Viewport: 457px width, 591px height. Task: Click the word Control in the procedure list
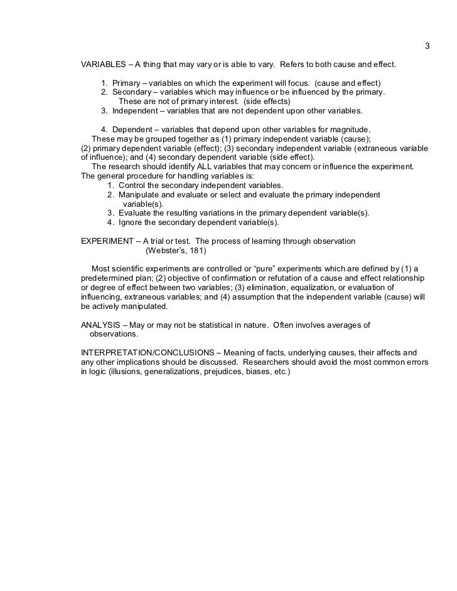point(132,186)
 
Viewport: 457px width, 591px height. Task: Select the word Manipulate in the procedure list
point(140,195)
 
